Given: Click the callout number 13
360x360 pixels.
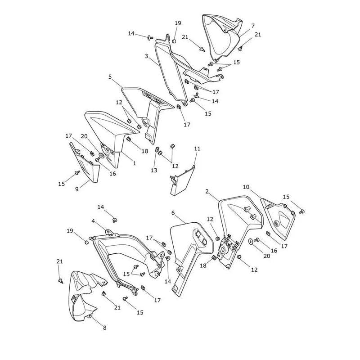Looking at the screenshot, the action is click(154, 170).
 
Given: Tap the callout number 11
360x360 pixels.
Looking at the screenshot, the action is click(197, 148).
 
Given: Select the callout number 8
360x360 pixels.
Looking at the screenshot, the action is click(105, 328).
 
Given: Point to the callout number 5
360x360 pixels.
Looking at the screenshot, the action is click(110, 76).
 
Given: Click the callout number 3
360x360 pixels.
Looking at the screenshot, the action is click(146, 56).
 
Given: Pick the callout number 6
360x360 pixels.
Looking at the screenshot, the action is click(173, 213).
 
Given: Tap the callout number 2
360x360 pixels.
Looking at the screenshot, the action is click(207, 191).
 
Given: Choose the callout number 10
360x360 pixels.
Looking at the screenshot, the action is click(246, 187).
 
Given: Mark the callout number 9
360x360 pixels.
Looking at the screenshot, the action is click(77, 189).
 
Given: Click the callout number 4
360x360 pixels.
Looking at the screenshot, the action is click(93, 221).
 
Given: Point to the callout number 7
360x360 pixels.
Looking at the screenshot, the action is click(253, 26).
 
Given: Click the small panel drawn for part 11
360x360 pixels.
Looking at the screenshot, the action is click(183, 181).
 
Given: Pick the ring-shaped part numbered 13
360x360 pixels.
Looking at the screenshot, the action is click(157, 150).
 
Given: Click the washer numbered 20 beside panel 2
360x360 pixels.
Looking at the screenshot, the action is click(251, 241).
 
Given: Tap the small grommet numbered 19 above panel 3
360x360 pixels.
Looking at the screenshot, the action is click(174, 41).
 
